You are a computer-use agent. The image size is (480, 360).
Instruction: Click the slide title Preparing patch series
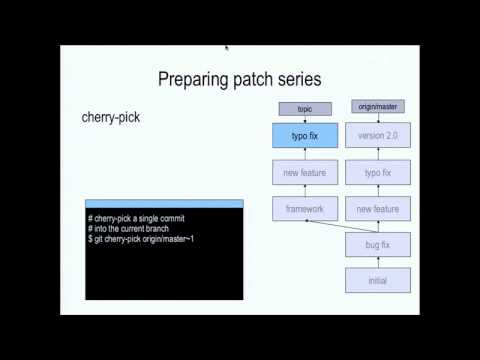pyautogui.click(x=239, y=77)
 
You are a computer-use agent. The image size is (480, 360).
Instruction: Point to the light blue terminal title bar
pyautogui.click(x=164, y=205)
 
